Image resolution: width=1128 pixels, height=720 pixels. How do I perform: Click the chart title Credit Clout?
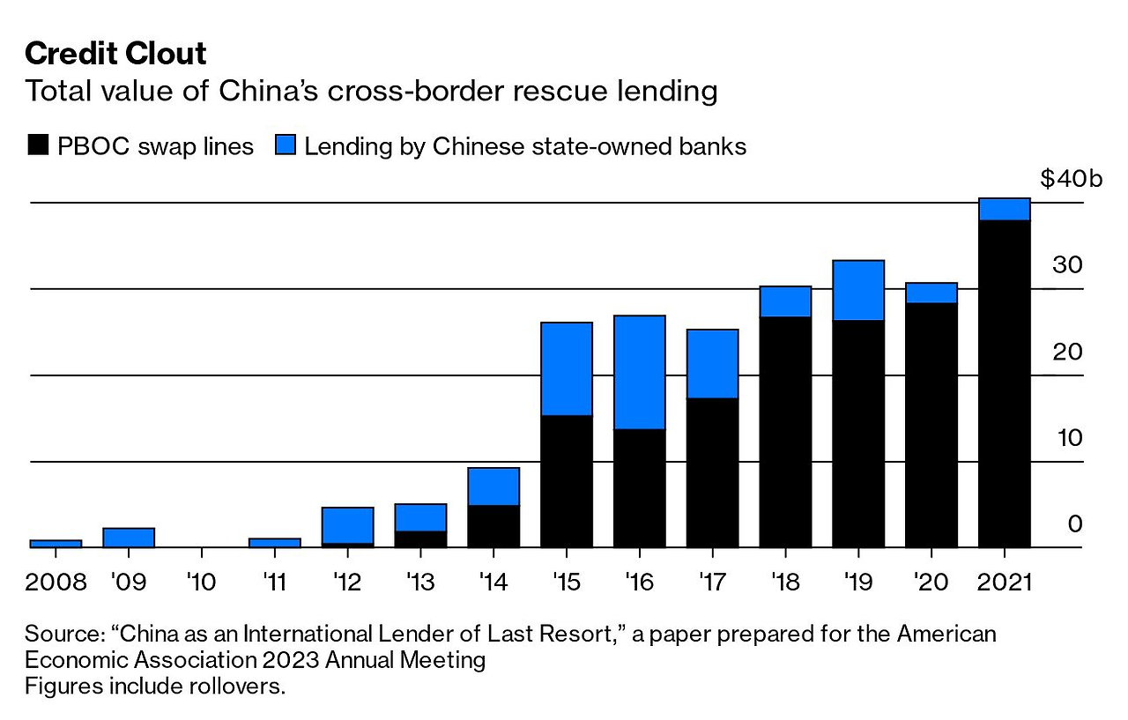tap(115, 54)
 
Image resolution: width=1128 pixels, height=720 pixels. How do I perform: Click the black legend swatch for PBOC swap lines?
tap(38, 145)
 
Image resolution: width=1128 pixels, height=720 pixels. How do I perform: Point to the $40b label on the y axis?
tap(1071, 179)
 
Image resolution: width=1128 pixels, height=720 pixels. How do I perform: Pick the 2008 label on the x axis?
tap(56, 583)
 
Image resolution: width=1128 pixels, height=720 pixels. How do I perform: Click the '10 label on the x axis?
tap(202, 583)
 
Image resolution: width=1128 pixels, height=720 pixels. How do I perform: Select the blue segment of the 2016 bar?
tap(639, 372)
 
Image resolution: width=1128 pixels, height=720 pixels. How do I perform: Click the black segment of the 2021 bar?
tap(1004, 383)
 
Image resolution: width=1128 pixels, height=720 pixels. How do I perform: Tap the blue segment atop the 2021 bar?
tap(1004, 209)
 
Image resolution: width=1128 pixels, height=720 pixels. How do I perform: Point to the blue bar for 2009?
tap(129, 538)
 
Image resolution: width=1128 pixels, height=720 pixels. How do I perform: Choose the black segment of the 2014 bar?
tap(493, 526)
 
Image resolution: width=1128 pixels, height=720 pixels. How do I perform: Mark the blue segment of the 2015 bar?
tap(566, 368)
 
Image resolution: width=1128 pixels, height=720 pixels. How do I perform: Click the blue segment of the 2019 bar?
tap(858, 290)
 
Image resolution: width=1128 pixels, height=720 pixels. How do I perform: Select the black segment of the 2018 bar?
tap(785, 432)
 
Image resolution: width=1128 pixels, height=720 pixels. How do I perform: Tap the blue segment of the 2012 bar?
tap(347, 525)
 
